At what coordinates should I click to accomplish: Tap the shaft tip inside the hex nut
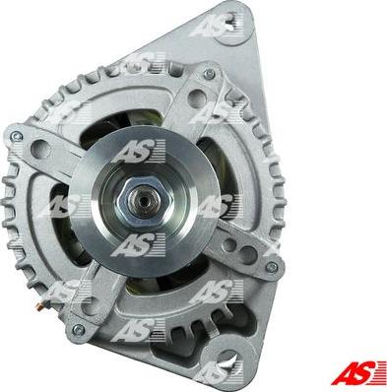coord(141,198)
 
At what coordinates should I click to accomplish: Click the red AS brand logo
coord(358,373)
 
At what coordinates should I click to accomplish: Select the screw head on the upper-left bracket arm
coord(16,136)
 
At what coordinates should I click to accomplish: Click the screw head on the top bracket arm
coord(208,74)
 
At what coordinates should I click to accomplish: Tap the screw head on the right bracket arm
coord(272,266)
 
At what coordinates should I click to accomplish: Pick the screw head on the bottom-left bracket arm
coord(78,329)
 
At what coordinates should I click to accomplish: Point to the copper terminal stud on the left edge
coord(39,306)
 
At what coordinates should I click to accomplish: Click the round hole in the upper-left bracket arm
coord(40,148)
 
